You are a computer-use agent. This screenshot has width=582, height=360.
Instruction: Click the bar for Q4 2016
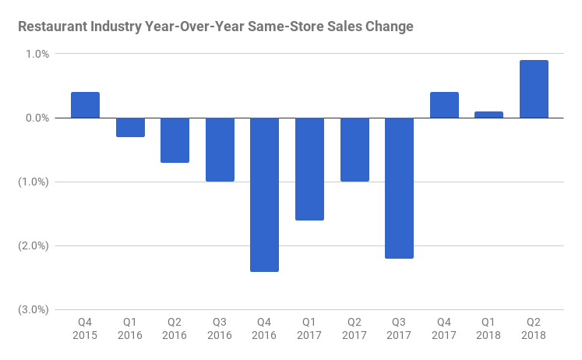[265, 195]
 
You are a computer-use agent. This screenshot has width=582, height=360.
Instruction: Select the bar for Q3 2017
[399, 188]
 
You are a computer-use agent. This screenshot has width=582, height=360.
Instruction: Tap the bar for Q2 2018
[534, 89]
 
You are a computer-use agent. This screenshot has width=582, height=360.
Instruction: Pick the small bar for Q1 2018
[489, 115]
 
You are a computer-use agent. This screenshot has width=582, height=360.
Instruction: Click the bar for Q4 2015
[85, 105]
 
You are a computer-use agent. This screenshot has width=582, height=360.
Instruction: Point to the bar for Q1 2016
[130, 127]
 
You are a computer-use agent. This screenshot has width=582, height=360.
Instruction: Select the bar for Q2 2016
[175, 140]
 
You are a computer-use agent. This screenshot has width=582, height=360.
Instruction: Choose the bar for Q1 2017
[309, 169]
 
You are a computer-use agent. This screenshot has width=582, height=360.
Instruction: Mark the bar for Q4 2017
[444, 105]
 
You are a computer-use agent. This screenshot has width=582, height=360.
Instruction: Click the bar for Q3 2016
[220, 150]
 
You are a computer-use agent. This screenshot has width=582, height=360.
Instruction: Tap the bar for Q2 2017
[354, 150]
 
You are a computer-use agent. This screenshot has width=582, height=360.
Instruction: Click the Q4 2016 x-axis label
[265, 328]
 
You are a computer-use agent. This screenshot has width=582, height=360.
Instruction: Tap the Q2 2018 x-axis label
[534, 328]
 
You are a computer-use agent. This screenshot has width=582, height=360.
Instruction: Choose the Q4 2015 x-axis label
[85, 328]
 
